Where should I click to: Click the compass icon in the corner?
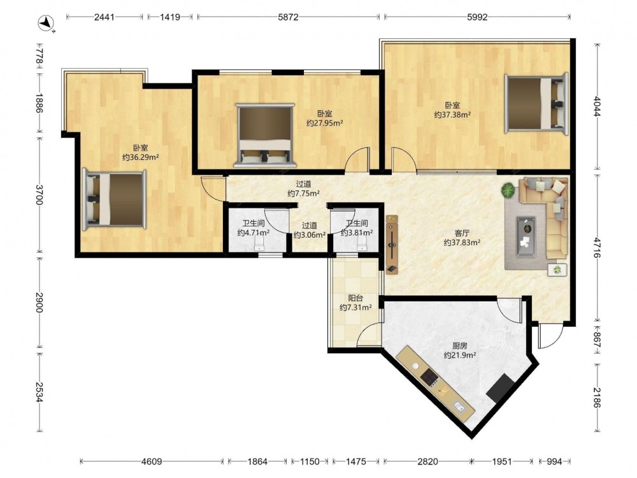coord(46,23)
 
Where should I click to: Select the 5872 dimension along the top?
coord(288,17)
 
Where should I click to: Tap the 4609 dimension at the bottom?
coord(152,461)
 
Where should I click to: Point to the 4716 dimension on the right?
coord(596,248)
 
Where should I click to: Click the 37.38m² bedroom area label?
coord(452,115)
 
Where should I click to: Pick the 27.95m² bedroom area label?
coord(325,123)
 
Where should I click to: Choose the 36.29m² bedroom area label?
coord(140,157)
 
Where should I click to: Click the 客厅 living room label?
coord(462,233)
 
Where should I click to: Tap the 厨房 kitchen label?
coord(460,346)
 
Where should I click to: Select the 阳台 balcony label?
coord(355,298)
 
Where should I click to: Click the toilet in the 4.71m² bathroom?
coord(259,244)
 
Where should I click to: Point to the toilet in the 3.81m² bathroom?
coord(362,244)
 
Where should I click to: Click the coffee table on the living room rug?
coord(526,237)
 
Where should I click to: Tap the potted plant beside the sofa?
coord(508,190)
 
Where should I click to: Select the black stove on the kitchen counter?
coord(429,377)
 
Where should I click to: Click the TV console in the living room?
coord(392,245)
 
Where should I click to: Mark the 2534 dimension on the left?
coord(39,392)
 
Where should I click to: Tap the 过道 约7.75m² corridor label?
coord(303,189)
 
